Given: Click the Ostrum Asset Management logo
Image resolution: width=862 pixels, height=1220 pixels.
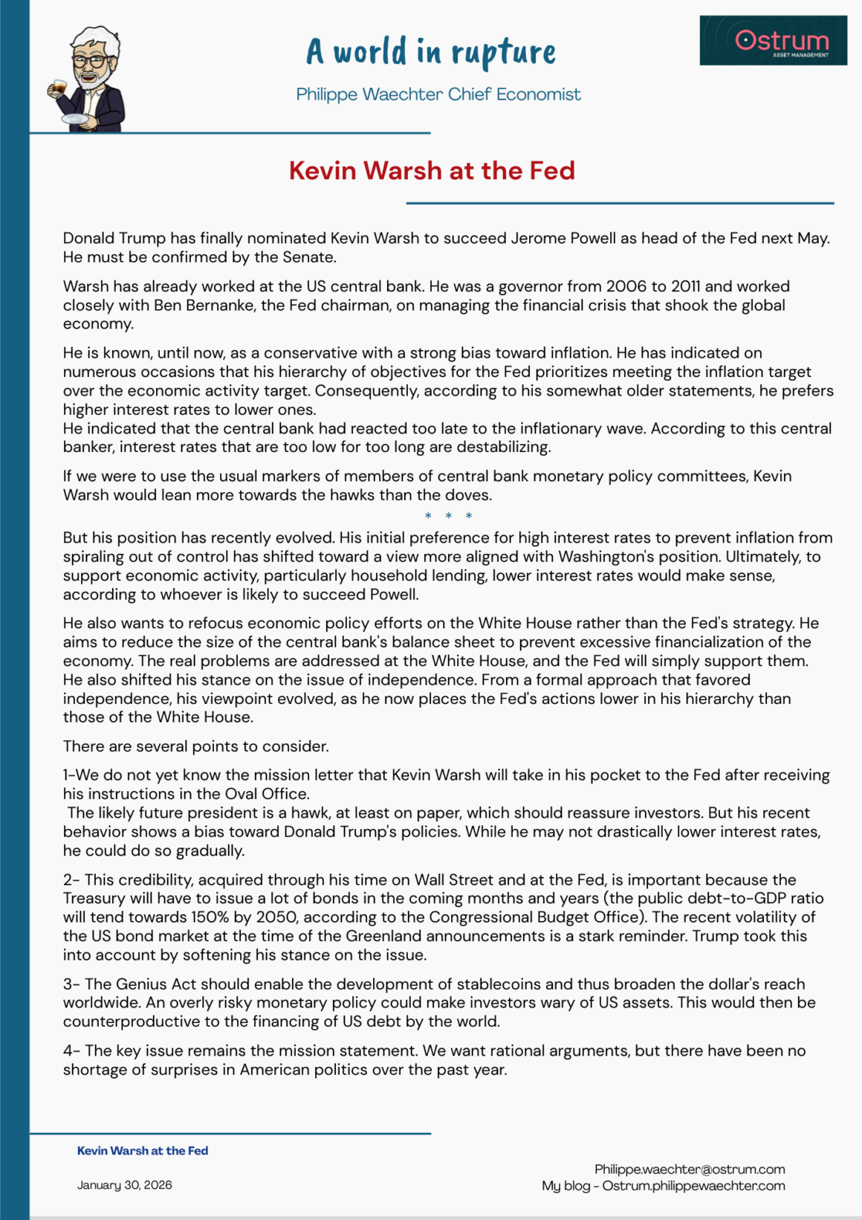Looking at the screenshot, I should tap(773, 40).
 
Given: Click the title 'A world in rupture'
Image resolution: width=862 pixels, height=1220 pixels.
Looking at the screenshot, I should tap(431, 52).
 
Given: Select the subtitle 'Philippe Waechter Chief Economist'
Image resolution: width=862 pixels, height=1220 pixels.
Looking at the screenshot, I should tap(438, 94).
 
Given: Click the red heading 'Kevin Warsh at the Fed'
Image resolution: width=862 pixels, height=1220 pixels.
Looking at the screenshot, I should tap(432, 171).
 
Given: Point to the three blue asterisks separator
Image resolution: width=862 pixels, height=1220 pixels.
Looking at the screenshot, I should tap(448, 516).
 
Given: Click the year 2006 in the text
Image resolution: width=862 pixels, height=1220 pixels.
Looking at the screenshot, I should tap(626, 286).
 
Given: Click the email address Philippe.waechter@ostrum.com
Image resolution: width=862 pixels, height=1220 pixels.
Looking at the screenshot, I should tap(690, 1169).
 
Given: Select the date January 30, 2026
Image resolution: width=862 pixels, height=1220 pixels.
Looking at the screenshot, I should tap(125, 1185).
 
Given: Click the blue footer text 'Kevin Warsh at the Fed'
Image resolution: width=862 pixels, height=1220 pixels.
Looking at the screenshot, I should tap(143, 1151).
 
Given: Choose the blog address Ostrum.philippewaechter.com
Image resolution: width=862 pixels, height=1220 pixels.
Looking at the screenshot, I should tap(693, 1186).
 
